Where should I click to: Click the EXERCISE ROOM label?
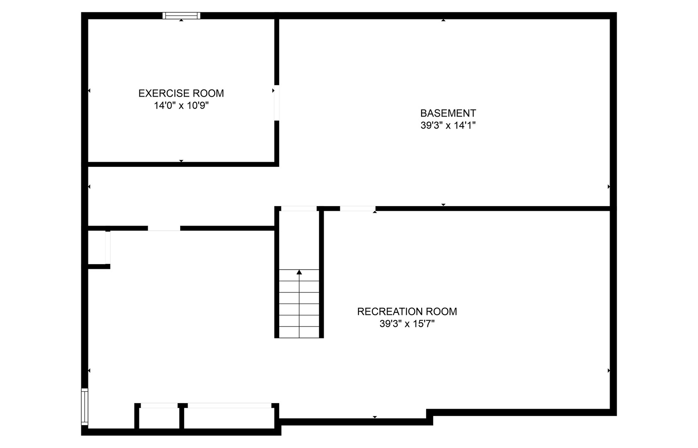click(181, 93)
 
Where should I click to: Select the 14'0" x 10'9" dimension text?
click(181, 106)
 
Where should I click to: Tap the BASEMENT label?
click(448, 113)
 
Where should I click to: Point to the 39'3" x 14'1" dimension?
click(448, 125)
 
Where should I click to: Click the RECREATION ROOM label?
click(407, 312)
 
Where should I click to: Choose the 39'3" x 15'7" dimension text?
click(407, 324)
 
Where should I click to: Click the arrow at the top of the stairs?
click(299, 272)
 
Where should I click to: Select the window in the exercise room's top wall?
click(181, 16)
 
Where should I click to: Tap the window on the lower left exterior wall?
click(85, 407)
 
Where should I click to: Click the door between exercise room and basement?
click(276, 103)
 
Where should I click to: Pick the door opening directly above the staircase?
click(299, 209)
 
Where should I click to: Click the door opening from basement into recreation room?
click(357, 209)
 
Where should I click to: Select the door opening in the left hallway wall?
click(164, 228)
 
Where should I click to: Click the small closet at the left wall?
click(97, 247)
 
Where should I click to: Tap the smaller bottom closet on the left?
click(159, 418)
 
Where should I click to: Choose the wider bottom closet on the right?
click(229, 418)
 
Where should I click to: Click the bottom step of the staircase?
click(299, 332)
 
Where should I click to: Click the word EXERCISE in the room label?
click(163, 93)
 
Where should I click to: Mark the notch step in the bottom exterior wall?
click(430, 416)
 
